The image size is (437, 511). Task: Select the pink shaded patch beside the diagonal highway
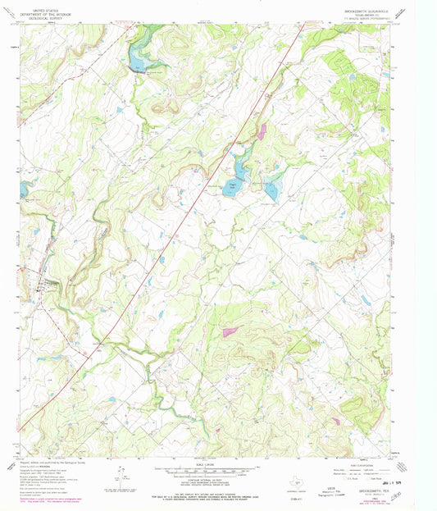point(262,129)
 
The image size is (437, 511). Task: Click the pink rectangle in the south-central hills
point(230,332)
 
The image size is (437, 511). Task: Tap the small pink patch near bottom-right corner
point(335,421)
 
